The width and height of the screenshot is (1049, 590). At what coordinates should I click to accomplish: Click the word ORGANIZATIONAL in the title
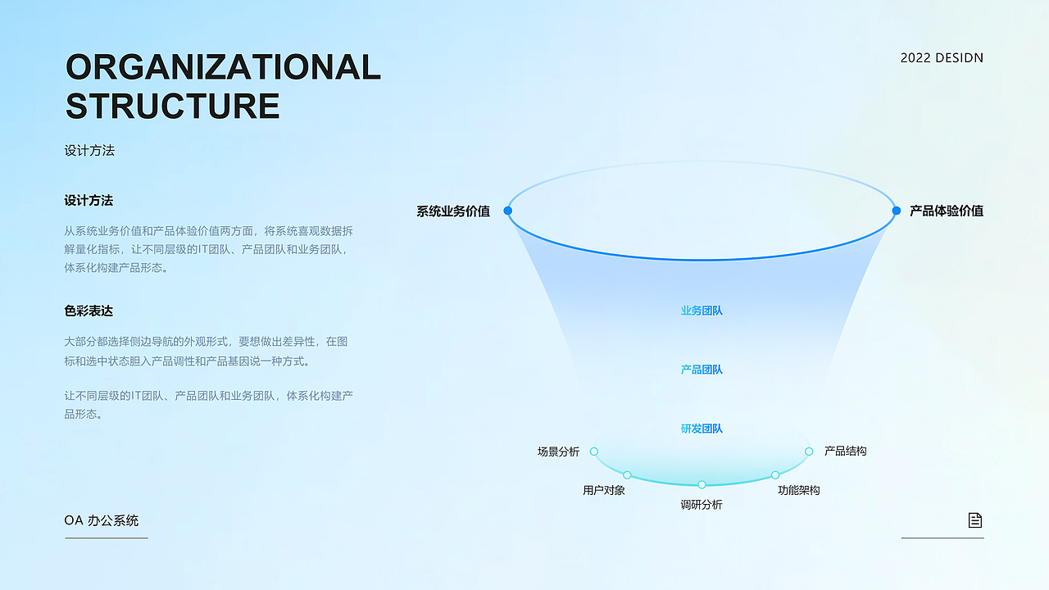[x=223, y=66]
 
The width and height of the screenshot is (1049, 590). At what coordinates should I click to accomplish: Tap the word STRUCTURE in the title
[x=172, y=106]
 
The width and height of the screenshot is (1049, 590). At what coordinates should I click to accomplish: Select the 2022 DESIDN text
[x=942, y=58]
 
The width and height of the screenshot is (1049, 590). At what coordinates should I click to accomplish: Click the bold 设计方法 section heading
[x=89, y=201]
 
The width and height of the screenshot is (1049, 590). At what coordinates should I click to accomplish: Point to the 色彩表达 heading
[x=89, y=311]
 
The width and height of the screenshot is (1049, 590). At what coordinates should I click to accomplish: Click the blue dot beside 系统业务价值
[x=507, y=211]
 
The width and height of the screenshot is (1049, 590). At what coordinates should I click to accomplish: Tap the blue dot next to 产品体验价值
[x=897, y=211]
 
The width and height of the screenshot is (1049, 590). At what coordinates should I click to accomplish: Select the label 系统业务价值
[x=453, y=211]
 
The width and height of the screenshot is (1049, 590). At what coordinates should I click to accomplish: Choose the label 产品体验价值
[x=947, y=211]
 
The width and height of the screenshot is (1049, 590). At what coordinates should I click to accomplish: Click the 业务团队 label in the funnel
[x=702, y=311]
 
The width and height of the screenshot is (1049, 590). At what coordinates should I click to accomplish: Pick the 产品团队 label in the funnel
[x=702, y=370]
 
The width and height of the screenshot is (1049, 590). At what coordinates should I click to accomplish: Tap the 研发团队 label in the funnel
[x=702, y=429]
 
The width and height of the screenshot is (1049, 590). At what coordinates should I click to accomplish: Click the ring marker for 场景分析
[x=594, y=452]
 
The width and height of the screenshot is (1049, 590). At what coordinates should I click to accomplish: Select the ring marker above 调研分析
[x=702, y=484]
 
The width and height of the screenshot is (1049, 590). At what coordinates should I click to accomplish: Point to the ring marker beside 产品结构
[x=809, y=452]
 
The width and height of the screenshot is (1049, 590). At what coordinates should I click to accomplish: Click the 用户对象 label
[x=604, y=490]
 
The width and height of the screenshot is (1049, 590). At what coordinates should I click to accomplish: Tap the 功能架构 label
[x=799, y=490]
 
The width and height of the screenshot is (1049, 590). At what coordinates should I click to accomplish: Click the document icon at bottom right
[x=975, y=520]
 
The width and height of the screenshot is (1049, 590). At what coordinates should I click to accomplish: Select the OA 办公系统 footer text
[x=101, y=520]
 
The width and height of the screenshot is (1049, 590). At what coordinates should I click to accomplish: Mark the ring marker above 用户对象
[x=627, y=475]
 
